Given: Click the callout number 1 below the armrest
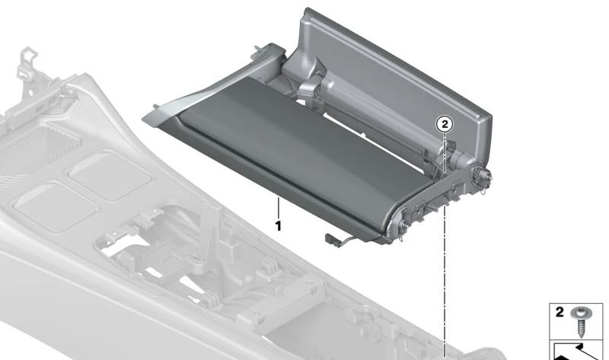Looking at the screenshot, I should [x=279, y=226].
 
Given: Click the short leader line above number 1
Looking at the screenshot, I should [x=279, y=207].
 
